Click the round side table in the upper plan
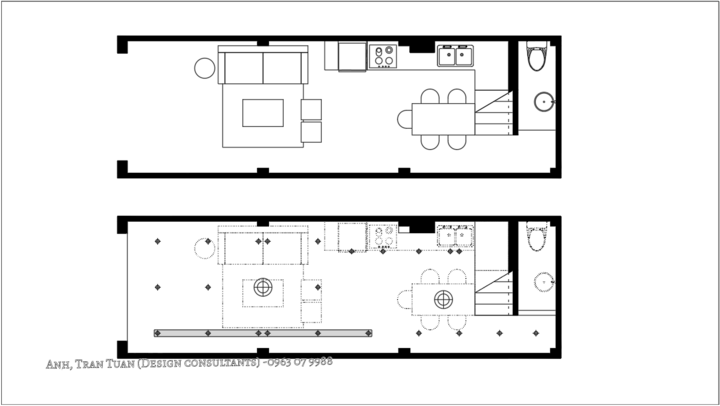tap(204, 68)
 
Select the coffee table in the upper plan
tap(263, 113)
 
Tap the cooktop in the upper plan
tap(382, 56)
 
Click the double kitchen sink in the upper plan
tap(455, 56)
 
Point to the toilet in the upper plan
tap(536, 56)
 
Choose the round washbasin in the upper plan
tap(544, 102)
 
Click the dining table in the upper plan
tap(443, 119)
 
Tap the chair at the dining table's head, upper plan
tap(405, 119)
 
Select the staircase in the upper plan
tap(493, 113)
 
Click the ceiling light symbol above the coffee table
tap(263, 288)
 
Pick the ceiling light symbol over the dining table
tap(443, 299)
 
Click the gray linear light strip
tap(263, 333)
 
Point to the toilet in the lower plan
tap(536, 236)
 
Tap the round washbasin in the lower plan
tap(544, 282)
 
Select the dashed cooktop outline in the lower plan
tap(382, 237)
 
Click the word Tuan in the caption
tap(120, 364)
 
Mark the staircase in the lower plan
tap(493, 293)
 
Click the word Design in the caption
tap(160, 364)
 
